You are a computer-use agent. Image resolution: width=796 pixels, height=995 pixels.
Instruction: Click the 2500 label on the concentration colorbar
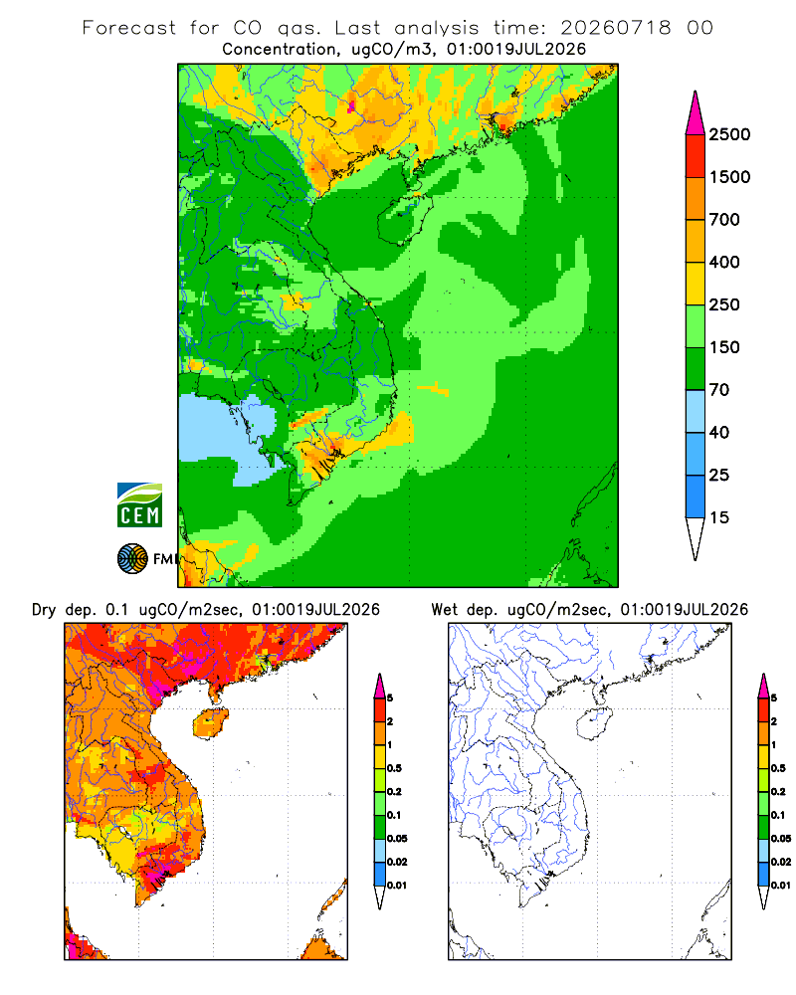[729, 134]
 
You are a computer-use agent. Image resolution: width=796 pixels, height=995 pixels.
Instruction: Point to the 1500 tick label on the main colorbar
[729, 177]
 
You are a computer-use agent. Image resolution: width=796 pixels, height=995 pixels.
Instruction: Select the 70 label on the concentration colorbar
[719, 390]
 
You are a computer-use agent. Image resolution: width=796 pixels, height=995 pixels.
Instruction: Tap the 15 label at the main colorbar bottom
[719, 517]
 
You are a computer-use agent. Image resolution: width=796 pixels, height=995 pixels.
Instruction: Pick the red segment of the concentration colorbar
[696, 156]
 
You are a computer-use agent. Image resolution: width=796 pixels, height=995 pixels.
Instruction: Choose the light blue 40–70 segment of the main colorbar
[696, 411]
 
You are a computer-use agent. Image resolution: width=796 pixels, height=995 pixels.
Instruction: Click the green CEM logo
[139, 505]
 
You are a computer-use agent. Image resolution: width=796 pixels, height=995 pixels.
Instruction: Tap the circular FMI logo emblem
[132, 559]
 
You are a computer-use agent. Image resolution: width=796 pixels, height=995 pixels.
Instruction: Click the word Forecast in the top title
[129, 28]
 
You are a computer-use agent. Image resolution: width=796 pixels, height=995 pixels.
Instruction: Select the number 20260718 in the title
[616, 28]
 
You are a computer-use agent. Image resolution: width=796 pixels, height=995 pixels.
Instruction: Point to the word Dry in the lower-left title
[44, 610]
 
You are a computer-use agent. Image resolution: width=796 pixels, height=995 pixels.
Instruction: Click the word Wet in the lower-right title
[444, 610]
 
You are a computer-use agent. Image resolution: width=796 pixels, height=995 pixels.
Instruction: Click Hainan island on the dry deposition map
[211, 724]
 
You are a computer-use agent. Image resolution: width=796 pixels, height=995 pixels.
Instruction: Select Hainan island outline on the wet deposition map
[579, 722]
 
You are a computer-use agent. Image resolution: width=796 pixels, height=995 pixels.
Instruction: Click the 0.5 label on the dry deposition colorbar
[394, 768]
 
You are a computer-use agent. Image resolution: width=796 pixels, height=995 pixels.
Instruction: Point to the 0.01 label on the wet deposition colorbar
[781, 886]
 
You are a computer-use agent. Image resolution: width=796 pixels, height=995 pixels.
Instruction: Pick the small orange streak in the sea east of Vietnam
[433, 388]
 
